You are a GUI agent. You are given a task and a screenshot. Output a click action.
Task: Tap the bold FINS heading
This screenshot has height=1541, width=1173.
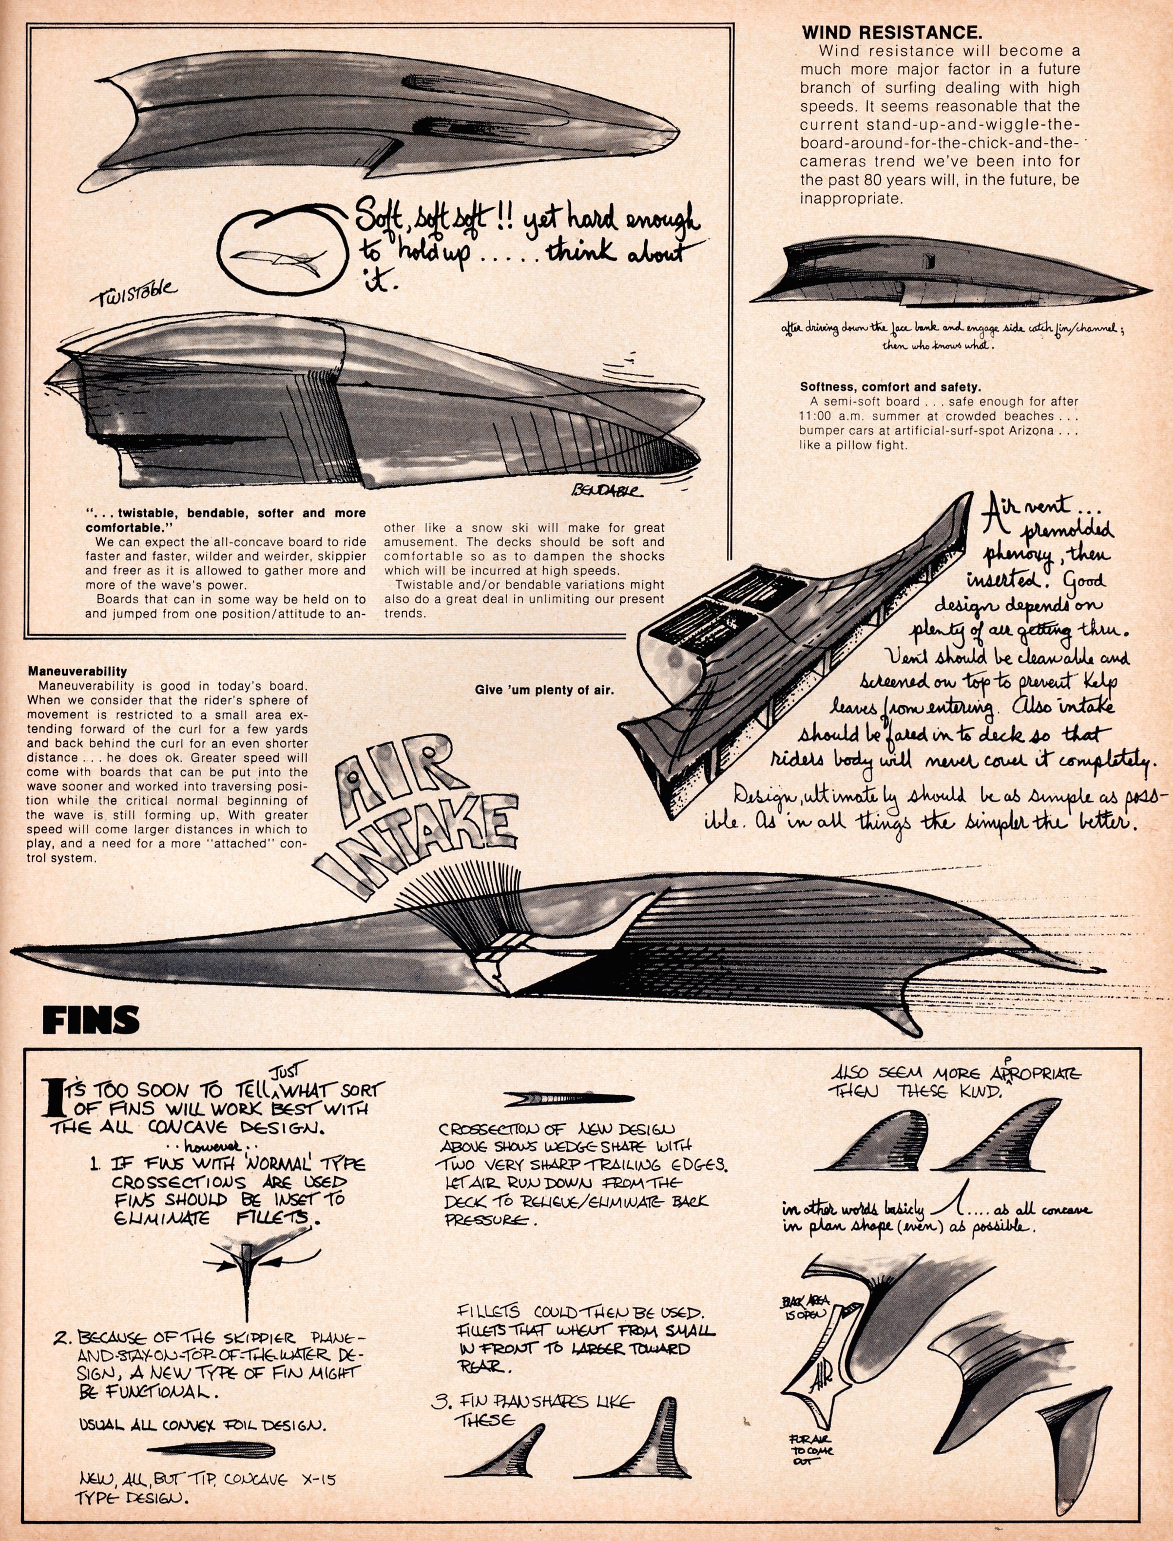91,1021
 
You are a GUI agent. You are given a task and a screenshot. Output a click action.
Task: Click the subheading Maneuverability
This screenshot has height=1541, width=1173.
77,671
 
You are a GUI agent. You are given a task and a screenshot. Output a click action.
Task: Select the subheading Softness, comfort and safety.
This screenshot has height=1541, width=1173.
890,386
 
